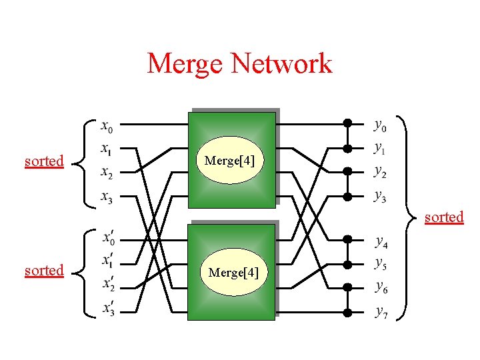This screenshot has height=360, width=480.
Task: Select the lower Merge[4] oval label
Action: (233, 272)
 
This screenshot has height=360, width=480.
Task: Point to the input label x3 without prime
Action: (107, 197)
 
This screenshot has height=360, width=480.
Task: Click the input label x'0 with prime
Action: (107, 238)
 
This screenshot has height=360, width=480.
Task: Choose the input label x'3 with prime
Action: (107, 309)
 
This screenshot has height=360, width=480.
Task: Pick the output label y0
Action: (379, 124)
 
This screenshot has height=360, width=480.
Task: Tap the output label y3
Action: (379, 197)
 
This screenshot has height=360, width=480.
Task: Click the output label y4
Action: (382, 241)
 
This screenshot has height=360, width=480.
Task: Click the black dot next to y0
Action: (347, 123)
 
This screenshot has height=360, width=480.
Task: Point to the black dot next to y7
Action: (347, 311)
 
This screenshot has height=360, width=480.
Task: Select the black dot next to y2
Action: (347, 171)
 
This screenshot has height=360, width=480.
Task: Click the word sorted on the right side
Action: (444, 217)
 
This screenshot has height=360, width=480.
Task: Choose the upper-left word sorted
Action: (44, 161)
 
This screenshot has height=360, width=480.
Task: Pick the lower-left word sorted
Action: (44, 271)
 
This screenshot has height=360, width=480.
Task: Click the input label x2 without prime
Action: (107, 173)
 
